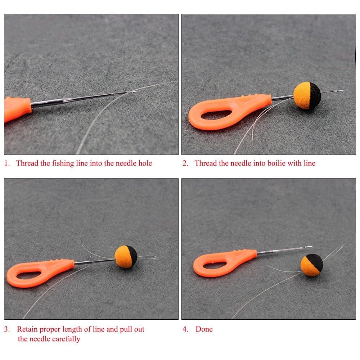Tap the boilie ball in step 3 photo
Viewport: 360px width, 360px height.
126,256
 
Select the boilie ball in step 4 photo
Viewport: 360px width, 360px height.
312,265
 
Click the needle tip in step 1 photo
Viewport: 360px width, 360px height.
138,91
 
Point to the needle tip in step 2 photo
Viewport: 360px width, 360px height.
343,90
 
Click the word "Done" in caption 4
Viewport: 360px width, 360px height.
204,329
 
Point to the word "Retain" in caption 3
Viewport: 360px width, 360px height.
28,329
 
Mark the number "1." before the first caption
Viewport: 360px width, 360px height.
7,163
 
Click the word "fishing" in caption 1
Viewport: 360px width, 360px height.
63,163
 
